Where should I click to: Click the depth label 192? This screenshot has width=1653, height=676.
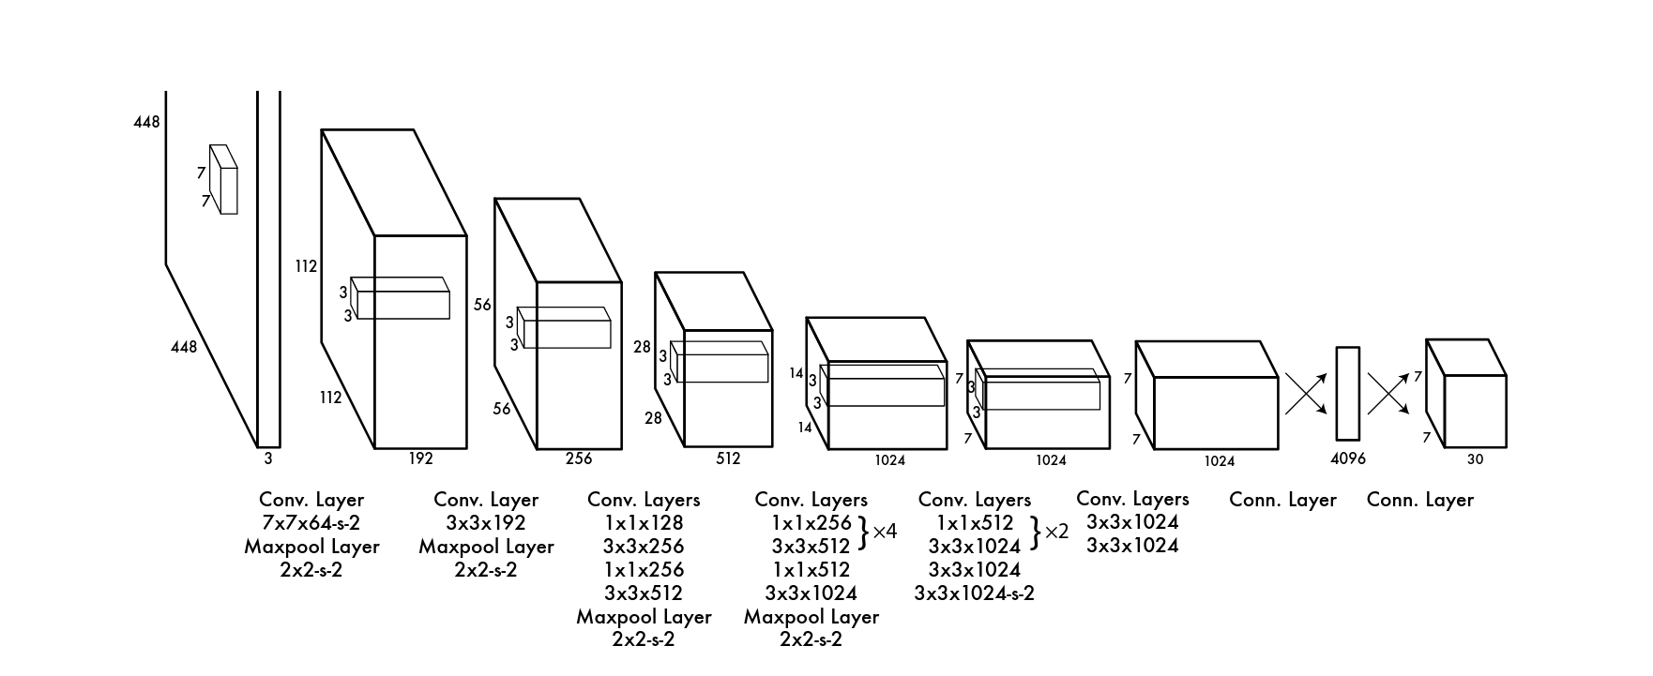[420, 458]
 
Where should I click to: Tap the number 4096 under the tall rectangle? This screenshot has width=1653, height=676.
[1348, 458]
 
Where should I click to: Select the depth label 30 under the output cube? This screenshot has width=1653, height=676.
[1476, 459]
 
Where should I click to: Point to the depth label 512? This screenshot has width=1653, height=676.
[728, 458]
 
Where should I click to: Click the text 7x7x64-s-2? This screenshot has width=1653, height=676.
[311, 522]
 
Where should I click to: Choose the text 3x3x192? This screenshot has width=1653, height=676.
[486, 522]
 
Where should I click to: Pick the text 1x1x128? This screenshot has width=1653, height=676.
[644, 522]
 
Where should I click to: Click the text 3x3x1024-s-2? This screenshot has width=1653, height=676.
[975, 593]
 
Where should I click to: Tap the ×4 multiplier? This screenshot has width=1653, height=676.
[885, 532]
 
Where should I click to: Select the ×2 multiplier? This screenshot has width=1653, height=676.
[1056, 532]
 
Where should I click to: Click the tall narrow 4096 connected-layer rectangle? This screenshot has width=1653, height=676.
[1348, 394]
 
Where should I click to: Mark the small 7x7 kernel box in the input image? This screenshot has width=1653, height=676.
[223, 179]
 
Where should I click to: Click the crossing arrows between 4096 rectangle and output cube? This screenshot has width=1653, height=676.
[1388, 394]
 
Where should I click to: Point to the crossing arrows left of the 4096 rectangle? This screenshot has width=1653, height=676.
[1306, 394]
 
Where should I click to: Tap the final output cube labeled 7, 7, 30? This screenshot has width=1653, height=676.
[1466, 394]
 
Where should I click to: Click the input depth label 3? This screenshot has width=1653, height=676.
[268, 458]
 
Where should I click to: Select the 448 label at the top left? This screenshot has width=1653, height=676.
[147, 122]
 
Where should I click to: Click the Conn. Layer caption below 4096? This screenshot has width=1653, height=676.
[1282, 500]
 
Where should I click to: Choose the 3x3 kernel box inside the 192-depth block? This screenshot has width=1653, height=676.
[400, 298]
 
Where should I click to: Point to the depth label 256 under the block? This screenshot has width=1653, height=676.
[579, 458]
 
